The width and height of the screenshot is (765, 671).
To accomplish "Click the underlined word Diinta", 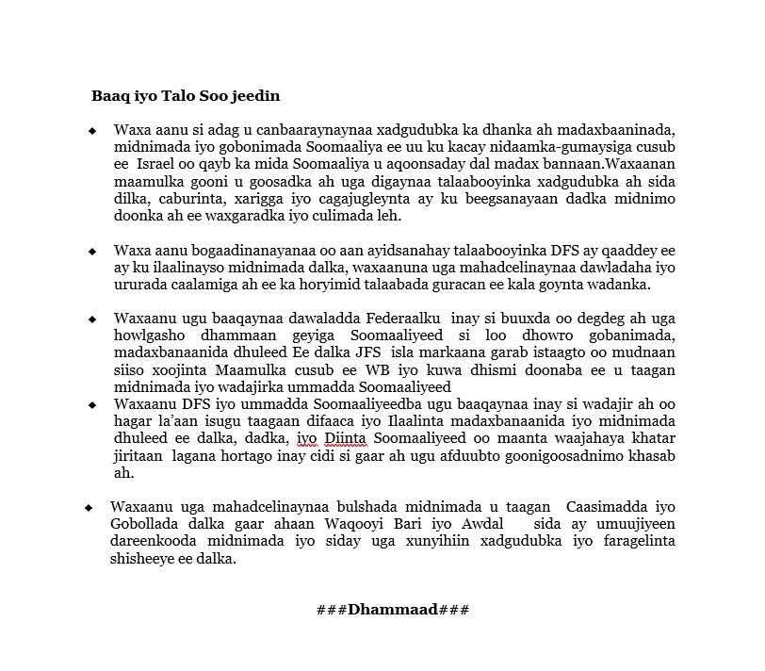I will (x=346, y=438).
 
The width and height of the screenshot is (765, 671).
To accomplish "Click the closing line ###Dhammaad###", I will (x=393, y=609).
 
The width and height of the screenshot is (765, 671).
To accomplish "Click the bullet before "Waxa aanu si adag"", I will (x=92, y=130).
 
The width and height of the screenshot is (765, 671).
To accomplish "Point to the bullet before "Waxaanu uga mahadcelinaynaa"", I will (x=90, y=507).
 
